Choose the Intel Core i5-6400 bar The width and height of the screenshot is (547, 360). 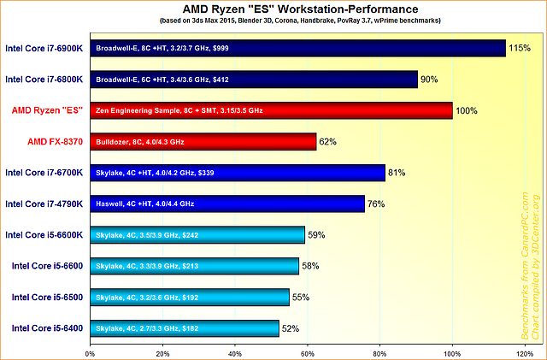184,328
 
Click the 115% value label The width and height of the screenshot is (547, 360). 519,49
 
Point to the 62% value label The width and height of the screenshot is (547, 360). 329,142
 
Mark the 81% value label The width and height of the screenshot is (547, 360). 397,173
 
